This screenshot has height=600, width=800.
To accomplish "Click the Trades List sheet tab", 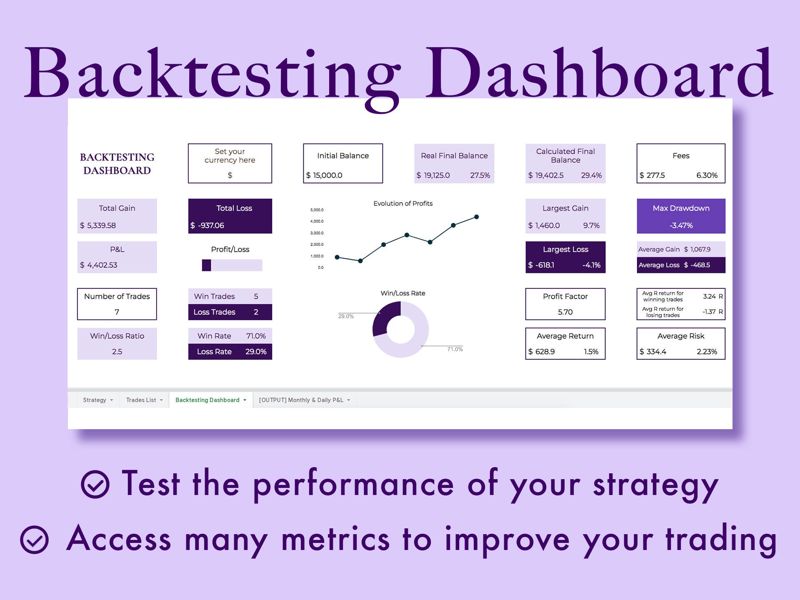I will point(144,400).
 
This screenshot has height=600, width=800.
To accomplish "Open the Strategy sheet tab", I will point(97,400).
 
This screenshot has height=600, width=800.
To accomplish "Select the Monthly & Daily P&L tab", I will point(304,400).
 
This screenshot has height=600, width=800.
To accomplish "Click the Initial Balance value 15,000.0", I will point(327,175).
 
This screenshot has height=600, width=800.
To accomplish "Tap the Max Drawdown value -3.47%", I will point(681,225).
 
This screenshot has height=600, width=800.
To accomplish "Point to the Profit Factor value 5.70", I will point(565,312).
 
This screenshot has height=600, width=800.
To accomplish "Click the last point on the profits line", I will point(476,217).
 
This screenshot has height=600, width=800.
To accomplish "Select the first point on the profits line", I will point(337,257).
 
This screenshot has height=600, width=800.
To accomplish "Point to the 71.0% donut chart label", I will point(455,349).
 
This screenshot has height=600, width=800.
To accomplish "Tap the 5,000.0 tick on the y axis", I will point(317,210).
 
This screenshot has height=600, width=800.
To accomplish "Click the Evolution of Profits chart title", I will point(402,203).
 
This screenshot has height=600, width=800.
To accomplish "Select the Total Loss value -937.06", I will point(211,225).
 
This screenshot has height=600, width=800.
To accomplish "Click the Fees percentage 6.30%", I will point(707,175).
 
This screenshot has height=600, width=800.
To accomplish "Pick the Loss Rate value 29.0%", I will point(255,352).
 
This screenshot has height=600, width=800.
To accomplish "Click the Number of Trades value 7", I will point(117,312).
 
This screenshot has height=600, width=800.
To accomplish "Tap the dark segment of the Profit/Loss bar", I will point(206,265).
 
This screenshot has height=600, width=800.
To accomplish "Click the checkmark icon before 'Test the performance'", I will point(95,484).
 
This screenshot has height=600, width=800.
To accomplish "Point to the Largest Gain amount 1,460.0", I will point(547,225).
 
